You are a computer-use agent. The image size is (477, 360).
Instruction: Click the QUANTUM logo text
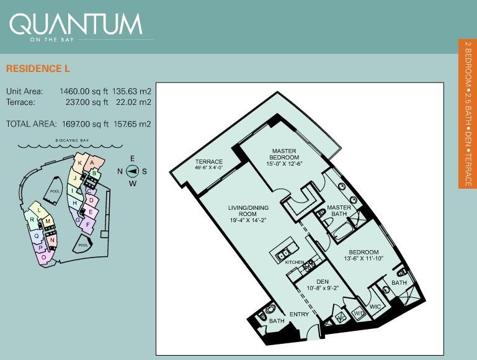[x=76, y=24]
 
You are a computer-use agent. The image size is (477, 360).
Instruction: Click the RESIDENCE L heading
[x=38, y=68]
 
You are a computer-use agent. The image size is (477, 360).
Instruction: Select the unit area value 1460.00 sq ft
[x=84, y=91]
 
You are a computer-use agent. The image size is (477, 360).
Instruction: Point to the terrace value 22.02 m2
[x=133, y=102]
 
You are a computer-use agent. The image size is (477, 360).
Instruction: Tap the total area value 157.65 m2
[x=132, y=124]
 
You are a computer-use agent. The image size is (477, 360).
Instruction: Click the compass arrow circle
[x=132, y=171]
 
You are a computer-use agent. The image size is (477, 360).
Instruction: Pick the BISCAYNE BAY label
[x=72, y=141]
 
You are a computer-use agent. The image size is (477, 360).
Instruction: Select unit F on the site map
[x=88, y=225]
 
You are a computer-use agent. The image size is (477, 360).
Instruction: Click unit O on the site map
[x=43, y=258]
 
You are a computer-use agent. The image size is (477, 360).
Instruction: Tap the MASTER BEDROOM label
[x=284, y=154]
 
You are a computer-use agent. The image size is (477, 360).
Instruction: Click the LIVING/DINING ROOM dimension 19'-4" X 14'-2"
[x=248, y=220]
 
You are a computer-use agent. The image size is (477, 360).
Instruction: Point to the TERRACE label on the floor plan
[x=209, y=162]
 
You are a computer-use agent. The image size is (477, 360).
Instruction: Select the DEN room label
[x=323, y=282]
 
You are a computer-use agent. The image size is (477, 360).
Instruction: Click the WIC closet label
[x=375, y=307]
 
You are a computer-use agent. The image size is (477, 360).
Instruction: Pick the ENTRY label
[x=299, y=314]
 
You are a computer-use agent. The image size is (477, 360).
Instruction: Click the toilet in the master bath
[x=320, y=213]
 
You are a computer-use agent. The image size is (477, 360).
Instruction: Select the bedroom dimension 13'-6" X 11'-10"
[x=363, y=259]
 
